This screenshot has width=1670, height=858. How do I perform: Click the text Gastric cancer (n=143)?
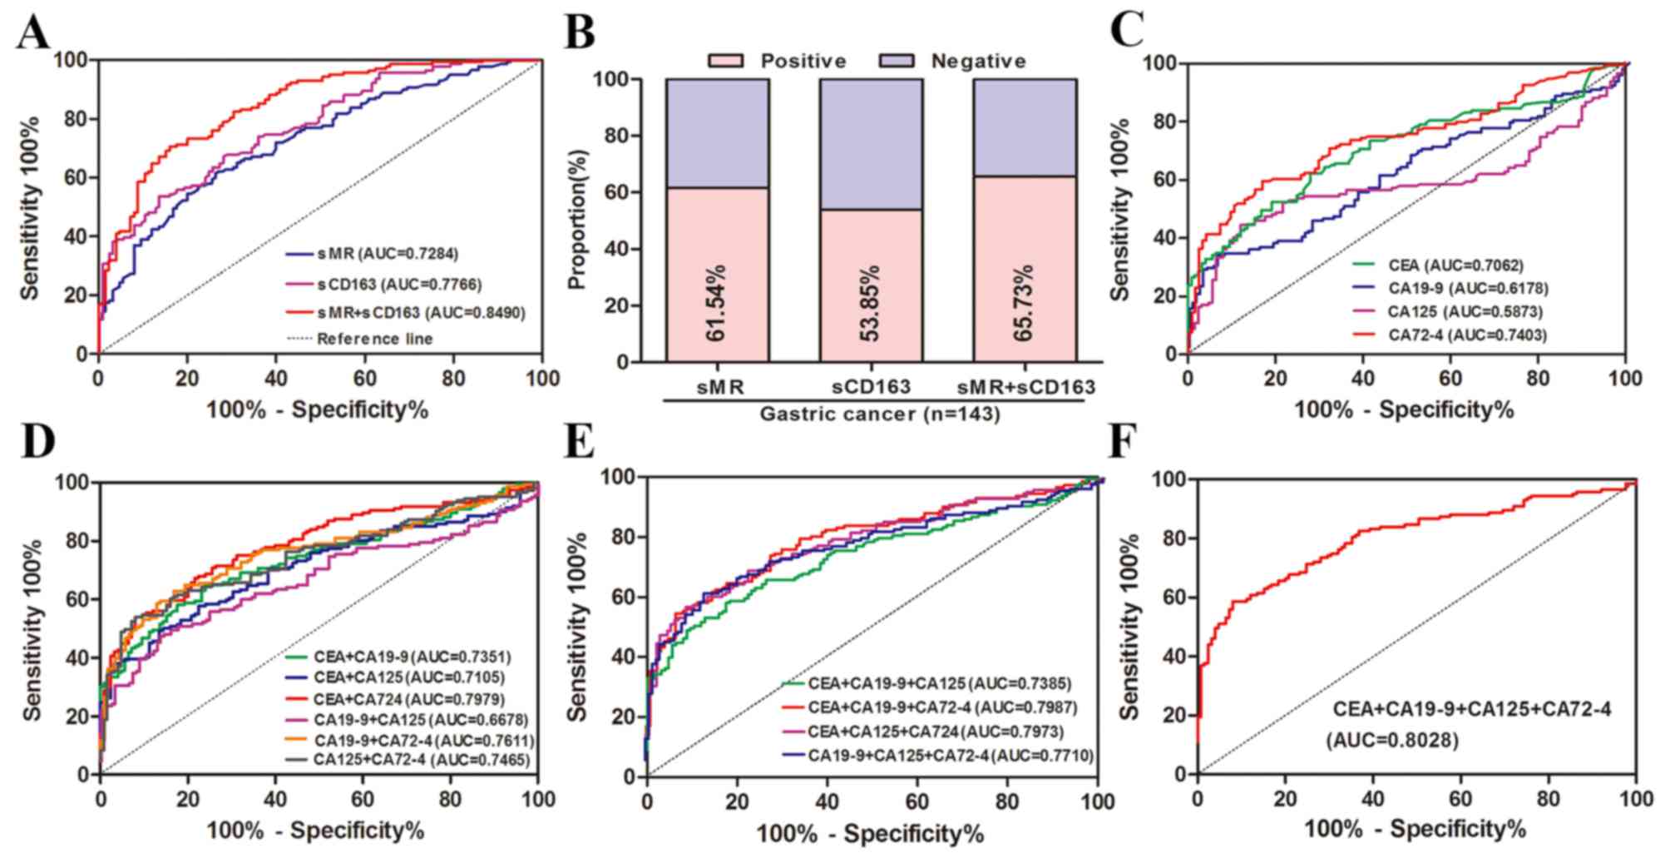(879, 413)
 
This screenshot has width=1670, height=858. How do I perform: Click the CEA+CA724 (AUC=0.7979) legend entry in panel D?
(408, 699)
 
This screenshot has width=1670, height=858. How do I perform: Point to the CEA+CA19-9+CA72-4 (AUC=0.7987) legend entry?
(941, 708)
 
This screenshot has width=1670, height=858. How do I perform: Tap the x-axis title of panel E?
(870, 833)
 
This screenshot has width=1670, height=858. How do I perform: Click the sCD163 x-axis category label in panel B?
(871, 387)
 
